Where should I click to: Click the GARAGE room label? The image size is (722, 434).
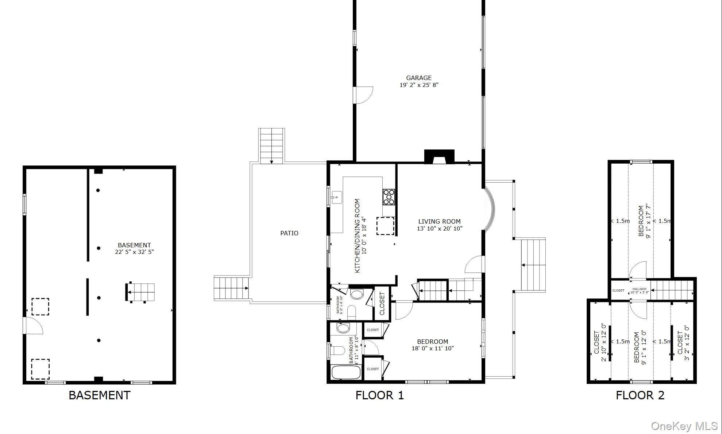pos(418,78)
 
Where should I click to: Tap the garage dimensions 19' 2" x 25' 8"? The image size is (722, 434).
pos(418,85)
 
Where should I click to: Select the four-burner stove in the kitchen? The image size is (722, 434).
pos(389,197)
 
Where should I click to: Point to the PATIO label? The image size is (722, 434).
pos(289,233)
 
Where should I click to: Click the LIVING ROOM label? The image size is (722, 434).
pos(439,221)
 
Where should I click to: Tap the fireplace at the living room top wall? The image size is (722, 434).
pos(439,157)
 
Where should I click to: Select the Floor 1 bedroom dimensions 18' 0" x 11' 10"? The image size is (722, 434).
pos(432,349)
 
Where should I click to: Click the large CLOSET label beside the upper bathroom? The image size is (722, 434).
pos(382,304)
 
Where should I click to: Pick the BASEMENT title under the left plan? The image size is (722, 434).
pos(99,395)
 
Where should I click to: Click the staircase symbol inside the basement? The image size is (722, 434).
pos(141,292)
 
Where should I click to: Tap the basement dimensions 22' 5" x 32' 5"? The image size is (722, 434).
pos(134,252)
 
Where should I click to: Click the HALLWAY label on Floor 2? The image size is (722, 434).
pos(639,289)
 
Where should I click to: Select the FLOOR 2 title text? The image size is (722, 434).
pos(640,395)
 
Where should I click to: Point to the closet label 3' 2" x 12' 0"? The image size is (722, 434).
pos(683,343)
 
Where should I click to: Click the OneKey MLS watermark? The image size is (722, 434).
pos(684,426)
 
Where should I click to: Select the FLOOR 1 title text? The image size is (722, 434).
pos(379,395)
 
